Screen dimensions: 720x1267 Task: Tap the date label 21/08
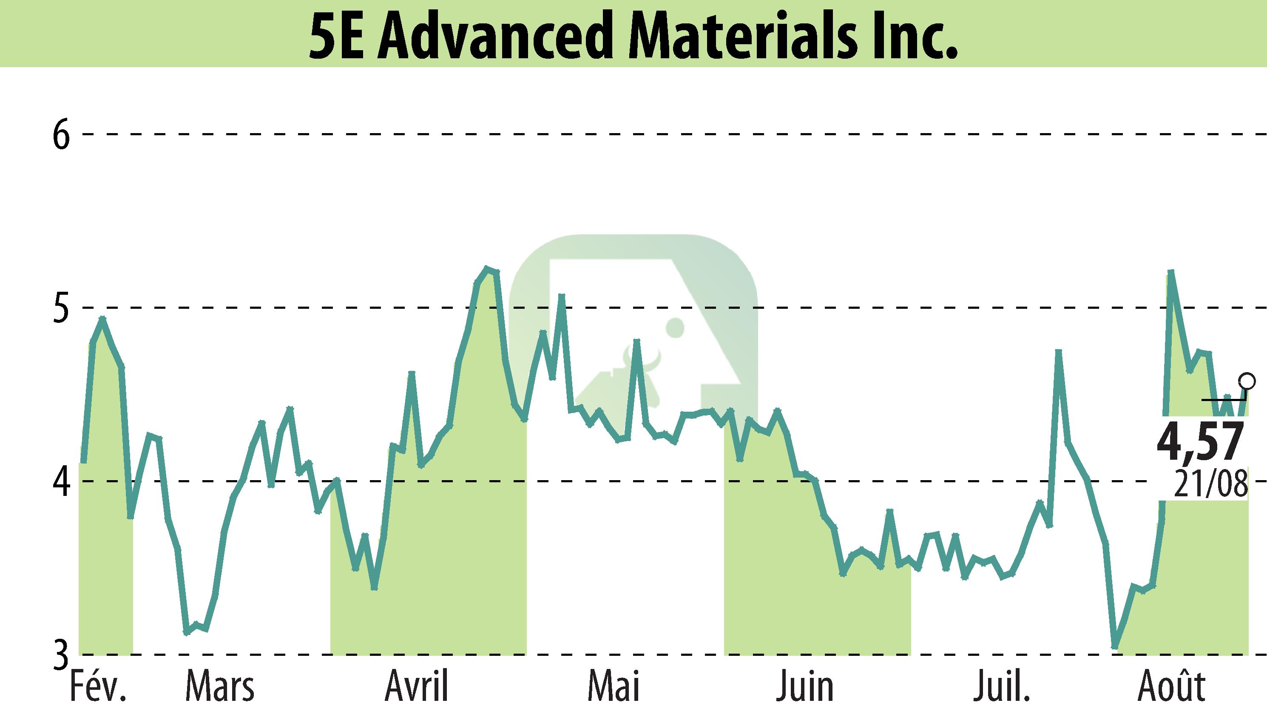1210,485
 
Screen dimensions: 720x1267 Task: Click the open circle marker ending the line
1247,381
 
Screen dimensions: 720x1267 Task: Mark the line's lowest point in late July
1115,646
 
